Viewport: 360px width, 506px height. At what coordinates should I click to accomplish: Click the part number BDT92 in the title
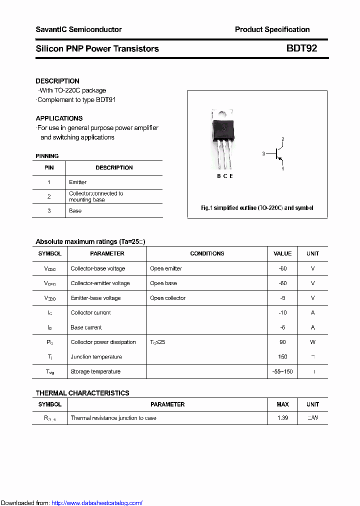301,48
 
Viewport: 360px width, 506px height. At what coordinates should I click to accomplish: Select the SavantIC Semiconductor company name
78,29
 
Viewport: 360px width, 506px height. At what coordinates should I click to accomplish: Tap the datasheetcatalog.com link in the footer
97,503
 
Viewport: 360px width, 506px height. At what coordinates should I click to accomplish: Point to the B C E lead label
224,176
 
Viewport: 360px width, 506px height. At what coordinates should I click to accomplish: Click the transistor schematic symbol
276,154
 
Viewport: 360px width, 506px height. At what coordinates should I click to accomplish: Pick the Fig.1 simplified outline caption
257,207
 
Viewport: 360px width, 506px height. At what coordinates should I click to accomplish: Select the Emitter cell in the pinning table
77,182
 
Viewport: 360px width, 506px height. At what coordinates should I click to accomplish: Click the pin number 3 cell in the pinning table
49,210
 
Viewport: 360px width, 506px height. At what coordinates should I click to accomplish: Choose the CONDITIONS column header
207,253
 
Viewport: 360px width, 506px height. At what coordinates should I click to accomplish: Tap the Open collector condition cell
167,298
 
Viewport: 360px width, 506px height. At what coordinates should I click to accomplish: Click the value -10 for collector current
282,312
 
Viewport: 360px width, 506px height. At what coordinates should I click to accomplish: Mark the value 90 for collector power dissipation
282,342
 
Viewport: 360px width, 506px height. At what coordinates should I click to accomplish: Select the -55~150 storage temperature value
282,371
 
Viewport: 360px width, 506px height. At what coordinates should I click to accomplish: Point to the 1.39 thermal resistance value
282,418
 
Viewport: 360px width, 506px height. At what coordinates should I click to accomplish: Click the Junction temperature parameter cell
96,357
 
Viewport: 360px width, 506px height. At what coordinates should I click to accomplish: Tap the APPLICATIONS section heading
59,118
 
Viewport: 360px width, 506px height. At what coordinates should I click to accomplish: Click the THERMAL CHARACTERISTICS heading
82,393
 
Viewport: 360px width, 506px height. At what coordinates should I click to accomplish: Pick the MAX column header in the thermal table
282,404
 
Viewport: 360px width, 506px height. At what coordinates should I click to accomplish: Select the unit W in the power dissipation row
312,342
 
